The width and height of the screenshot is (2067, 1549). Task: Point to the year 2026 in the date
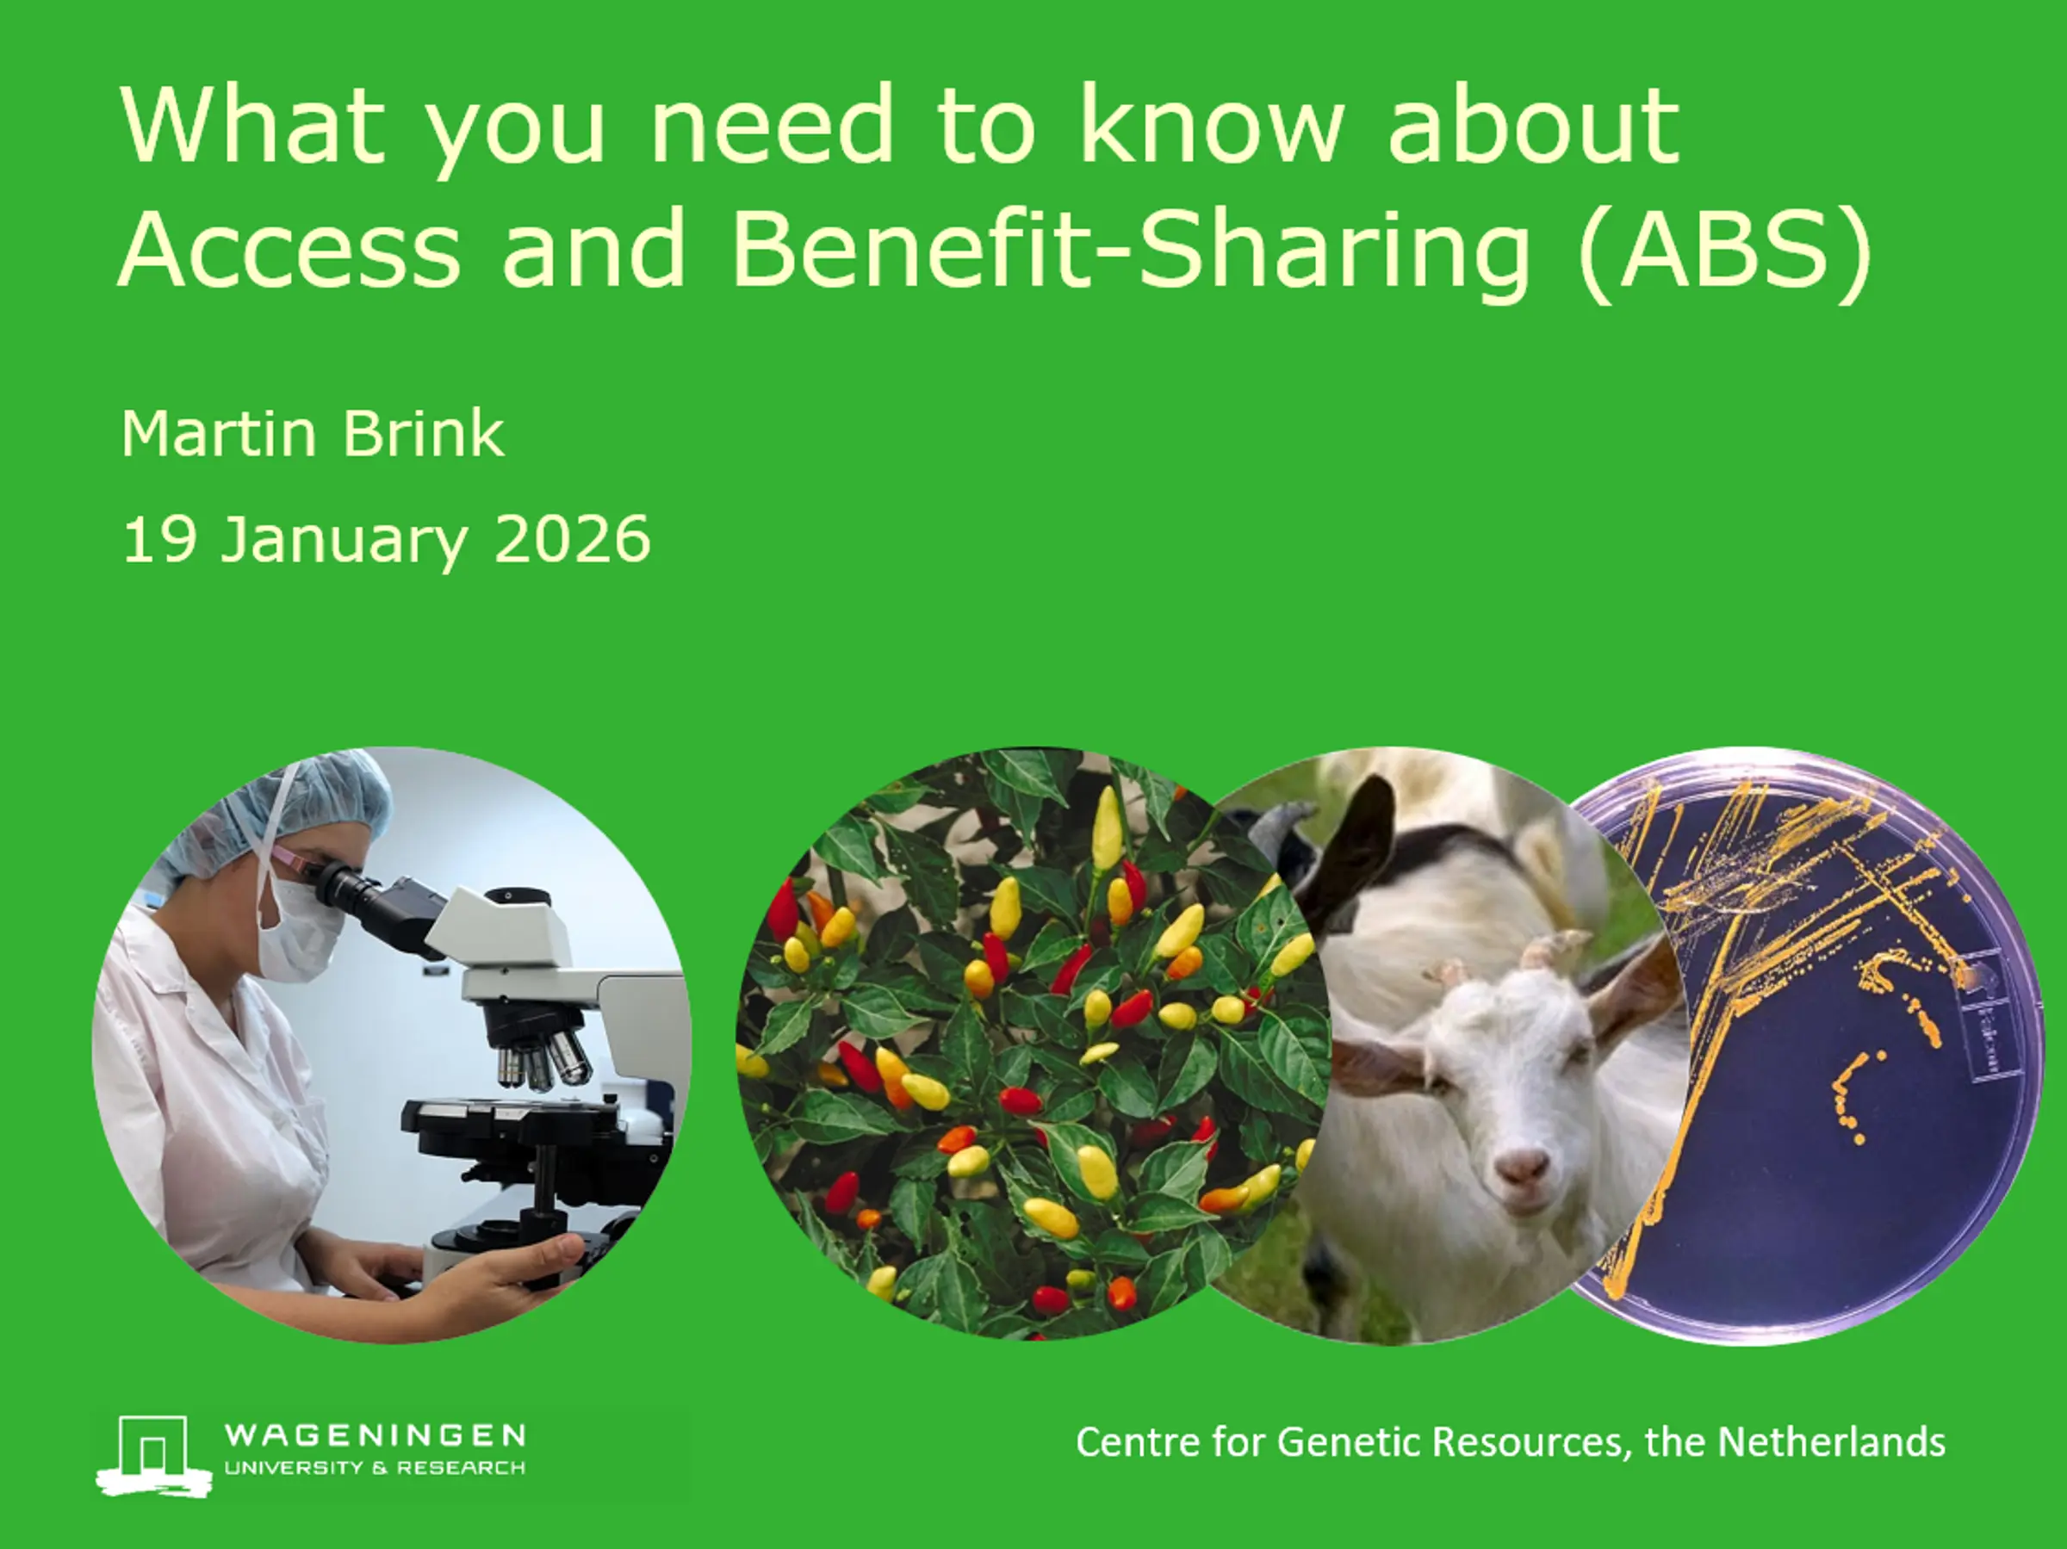(x=572, y=539)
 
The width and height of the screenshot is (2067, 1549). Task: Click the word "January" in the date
(x=344, y=542)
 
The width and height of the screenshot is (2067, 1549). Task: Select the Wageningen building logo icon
(x=154, y=1455)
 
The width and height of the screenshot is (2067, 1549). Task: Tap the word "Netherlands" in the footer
(x=1832, y=1441)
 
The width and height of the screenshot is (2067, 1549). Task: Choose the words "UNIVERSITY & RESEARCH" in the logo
(x=375, y=1468)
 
